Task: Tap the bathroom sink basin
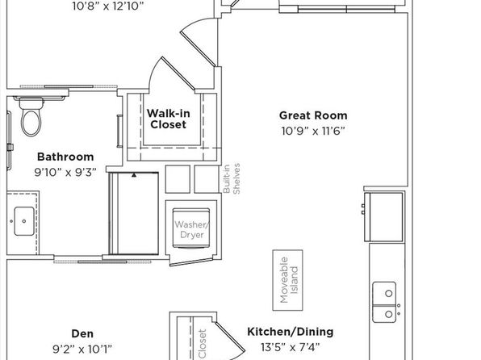click(x=24, y=221)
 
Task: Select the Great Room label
click(x=313, y=115)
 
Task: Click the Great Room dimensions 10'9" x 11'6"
click(x=313, y=132)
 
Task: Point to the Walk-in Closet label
click(x=169, y=119)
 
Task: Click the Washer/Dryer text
click(x=192, y=229)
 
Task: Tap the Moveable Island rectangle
click(x=288, y=280)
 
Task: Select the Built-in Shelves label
click(x=232, y=178)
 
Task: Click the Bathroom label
click(x=65, y=157)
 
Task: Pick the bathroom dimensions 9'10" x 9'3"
click(x=65, y=173)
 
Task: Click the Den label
click(x=82, y=333)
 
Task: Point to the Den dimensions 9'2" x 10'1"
click(x=82, y=350)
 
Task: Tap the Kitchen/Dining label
click(x=291, y=332)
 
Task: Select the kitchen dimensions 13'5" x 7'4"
click(x=291, y=347)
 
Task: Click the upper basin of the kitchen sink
click(x=384, y=294)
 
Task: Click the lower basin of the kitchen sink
click(x=384, y=314)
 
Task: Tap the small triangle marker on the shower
click(x=134, y=175)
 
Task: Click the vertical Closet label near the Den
click(x=202, y=344)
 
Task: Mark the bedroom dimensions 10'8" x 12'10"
click(x=108, y=6)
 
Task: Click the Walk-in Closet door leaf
click(x=179, y=74)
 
